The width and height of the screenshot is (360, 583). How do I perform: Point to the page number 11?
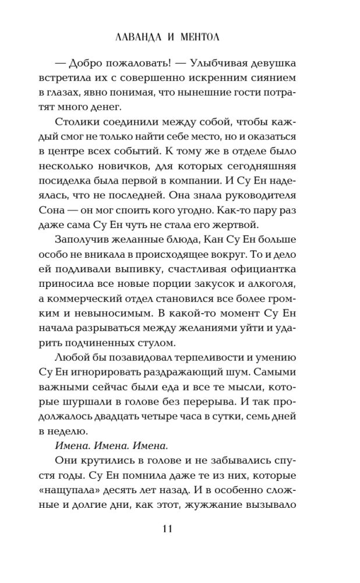(x=167, y=529)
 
